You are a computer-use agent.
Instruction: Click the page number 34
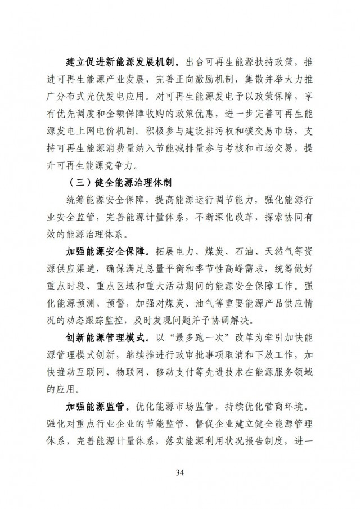[180, 471]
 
